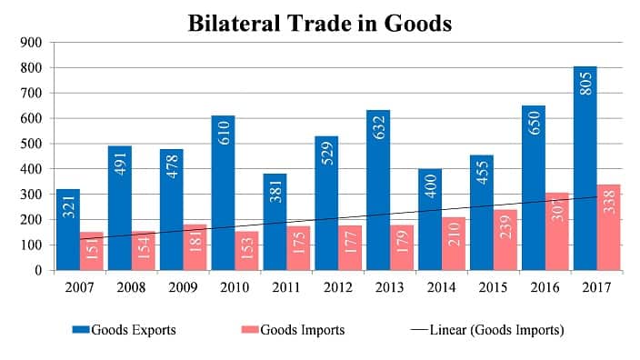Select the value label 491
119,162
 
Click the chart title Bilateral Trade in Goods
319,22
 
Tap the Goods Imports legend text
303,330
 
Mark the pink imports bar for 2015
505,240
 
